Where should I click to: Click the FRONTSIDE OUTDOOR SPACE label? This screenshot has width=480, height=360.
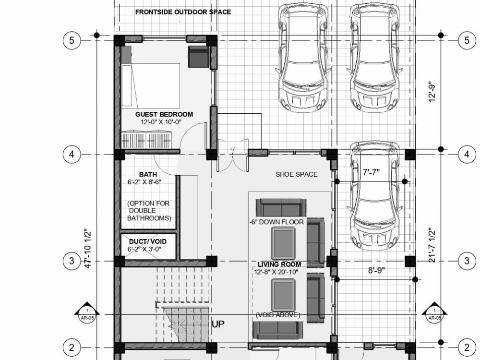pyautogui.click(x=183, y=12)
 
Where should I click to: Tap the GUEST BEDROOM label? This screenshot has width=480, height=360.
pyautogui.click(x=164, y=114)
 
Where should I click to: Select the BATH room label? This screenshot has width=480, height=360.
pyautogui.click(x=148, y=174)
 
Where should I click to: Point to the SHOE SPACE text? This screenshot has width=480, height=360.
pyautogui.click(x=296, y=174)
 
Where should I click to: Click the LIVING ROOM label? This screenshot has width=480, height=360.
pyautogui.click(x=279, y=264)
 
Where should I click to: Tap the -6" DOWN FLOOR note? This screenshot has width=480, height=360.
pyautogui.click(x=276, y=222)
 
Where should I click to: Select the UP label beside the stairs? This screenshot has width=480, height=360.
pyautogui.click(x=218, y=324)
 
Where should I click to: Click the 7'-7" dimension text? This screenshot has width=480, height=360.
pyautogui.click(x=371, y=171)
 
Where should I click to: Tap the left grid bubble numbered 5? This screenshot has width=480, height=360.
pyautogui.click(x=72, y=40)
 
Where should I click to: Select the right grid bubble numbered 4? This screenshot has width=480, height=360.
pyautogui.click(x=467, y=154)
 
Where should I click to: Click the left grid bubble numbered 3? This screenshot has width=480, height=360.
pyautogui.click(x=72, y=261)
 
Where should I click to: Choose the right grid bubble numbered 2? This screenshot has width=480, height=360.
pyautogui.click(x=467, y=347)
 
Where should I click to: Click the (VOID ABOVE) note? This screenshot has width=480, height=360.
pyautogui.click(x=278, y=315)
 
